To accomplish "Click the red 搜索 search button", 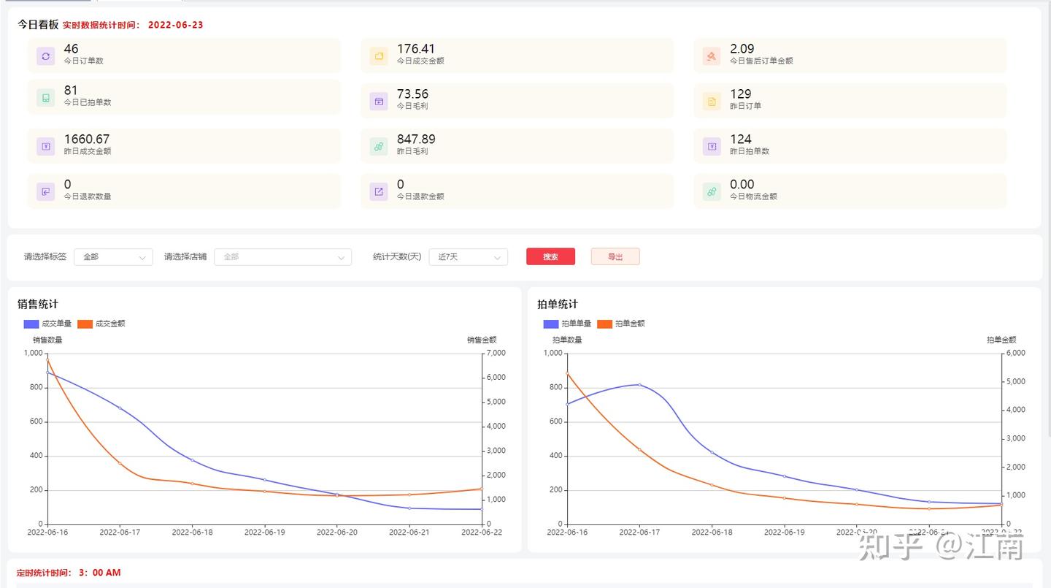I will (x=550, y=257).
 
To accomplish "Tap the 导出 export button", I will (x=615, y=257).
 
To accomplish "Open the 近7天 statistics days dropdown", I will (x=468, y=257).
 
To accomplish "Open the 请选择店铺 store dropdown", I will (x=282, y=257).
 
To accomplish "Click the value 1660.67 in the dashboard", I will (x=87, y=139).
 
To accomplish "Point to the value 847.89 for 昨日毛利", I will (x=416, y=139).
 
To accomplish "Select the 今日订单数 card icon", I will (x=46, y=56).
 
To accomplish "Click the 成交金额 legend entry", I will (x=102, y=324).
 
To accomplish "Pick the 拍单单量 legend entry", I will (x=568, y=324).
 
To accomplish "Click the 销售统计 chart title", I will (x=38, y=304).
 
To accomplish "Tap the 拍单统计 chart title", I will (x=558, y=304).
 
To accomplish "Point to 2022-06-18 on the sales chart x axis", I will (x=192, y=532).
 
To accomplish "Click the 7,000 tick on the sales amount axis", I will (x=496, y=354).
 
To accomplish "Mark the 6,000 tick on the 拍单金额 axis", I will (x=1016, y=354).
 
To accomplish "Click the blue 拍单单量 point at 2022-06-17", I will (x=639, y=384).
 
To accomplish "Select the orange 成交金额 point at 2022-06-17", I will (x=120, y=463).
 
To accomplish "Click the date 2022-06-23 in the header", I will (x=175, y=25).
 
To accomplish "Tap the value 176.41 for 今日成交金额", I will (x=416, y=49).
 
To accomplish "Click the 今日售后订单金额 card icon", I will (x=712, y=56).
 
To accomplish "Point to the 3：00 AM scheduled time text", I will (x=99, y=573).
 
